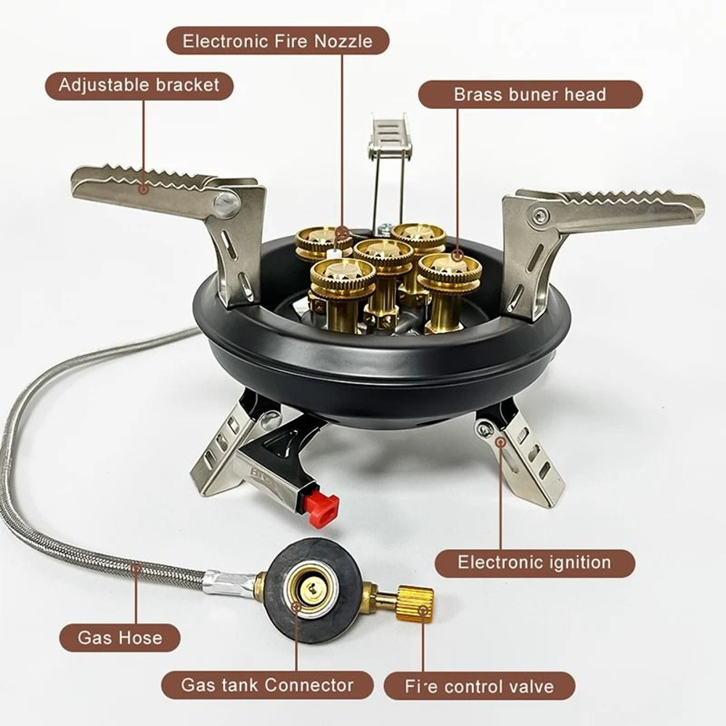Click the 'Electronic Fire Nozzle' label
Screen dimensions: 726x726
point(277,41)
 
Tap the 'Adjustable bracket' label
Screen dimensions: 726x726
point(139,85)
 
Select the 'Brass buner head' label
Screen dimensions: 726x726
point(530,94)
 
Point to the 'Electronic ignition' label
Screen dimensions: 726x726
point(534,562)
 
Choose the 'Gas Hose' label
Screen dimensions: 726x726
point(120,638)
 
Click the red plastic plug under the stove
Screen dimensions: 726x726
point(322,505)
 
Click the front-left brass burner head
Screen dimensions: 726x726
point(343,274)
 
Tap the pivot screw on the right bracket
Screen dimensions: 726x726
point(538,214)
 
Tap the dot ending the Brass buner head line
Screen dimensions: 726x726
point(457,255)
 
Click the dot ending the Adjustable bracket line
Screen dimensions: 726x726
point(144,189)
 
